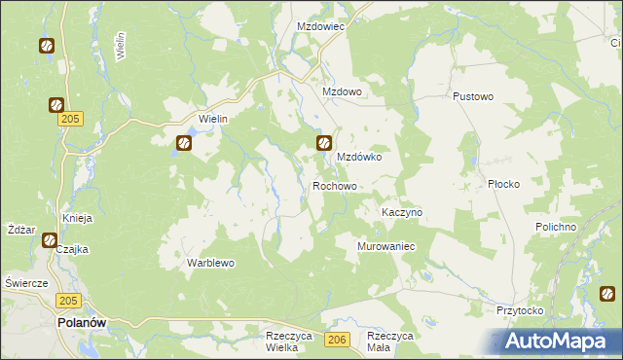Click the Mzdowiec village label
tap(320, 27)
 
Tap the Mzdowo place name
tap(342, 92)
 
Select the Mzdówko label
tap(358, 156)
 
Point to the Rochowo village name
tap(335, 185)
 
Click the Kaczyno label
tap(401, 212)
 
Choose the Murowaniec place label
tap(386, 246)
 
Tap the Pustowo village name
tap(474, 97)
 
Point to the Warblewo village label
tap(211, 263)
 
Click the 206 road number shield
tap(337, 339)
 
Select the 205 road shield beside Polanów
tap(67, 302)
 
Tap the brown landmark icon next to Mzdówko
tap(324, 144)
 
